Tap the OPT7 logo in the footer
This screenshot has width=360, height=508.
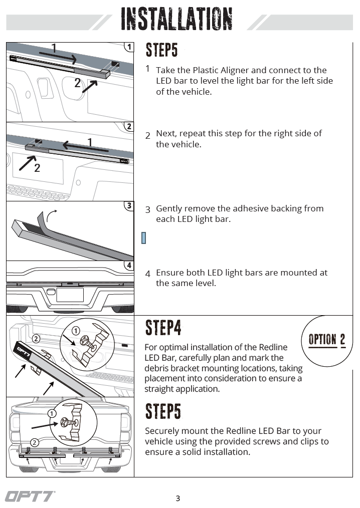tap(30, 496)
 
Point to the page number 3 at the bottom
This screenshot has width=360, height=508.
tap(178, 498)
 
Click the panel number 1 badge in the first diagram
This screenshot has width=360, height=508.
tap(129, 47)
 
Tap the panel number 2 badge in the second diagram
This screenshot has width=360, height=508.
tap(129, 127)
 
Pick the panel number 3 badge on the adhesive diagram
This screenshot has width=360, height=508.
tap(129, 205)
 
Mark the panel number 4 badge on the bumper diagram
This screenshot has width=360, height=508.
tap(129, 266)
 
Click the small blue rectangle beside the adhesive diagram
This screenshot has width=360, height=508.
tap(143, 237)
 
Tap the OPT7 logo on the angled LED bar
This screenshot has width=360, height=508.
tap(22, 350)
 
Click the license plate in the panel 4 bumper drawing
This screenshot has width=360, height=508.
tap(70, 294)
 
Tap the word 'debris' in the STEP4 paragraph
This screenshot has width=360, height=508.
tap(158, 368)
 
